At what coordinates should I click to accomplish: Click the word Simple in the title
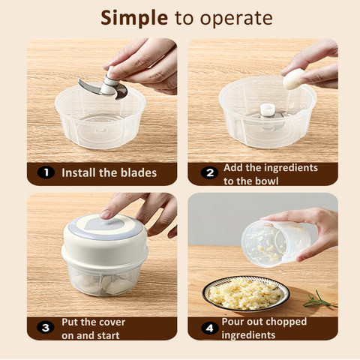point(134,19)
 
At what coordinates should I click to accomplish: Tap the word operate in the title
point(236,19)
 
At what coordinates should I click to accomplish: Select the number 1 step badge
point(46,172)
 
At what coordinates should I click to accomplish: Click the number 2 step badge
point(209,173)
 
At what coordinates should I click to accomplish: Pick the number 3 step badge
point(46,328)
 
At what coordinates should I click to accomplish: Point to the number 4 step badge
point(210,328)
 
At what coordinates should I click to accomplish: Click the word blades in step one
point(139,172)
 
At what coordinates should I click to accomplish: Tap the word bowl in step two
point(266,181)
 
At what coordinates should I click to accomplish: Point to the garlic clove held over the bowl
point(293,79)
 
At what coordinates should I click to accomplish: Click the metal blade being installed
point(103,90)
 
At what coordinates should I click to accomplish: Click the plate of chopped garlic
point(246,294)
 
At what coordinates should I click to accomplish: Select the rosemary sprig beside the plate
point(319,301)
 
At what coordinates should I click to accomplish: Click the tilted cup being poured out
point(275,244)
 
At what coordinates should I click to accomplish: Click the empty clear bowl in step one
point(100,116)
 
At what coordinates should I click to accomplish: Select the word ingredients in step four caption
point(248,335)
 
